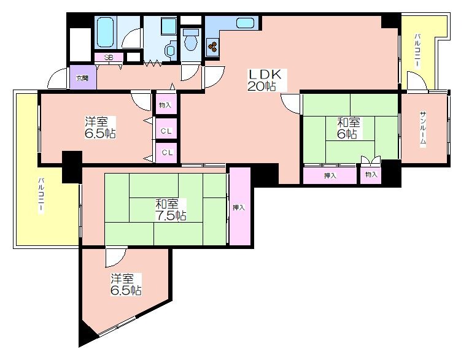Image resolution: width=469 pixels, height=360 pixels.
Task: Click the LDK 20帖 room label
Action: (x=265, y=80)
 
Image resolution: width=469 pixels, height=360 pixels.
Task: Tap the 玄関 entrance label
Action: (x=82, y=79)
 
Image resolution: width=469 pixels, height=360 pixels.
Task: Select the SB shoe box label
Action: (x=109, y=58)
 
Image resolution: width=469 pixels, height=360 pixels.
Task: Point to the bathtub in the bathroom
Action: (x=106, y=32)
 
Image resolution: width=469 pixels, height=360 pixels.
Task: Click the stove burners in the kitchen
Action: (x=213, y=46)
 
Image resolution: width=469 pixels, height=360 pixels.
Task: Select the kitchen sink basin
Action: (x=245, y=23)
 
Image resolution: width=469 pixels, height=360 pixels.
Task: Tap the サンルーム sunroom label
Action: (x=423, y=128)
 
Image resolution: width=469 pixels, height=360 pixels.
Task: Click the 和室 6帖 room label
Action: (x=349, y=128)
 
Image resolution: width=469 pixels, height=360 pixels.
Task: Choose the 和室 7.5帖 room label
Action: (x=171, y=210)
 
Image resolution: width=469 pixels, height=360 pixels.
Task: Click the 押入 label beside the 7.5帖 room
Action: (x=239, y=207)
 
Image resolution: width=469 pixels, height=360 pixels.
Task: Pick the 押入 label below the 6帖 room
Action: (x=330, y=176)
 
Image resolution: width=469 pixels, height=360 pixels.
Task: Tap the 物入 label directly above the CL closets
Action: (x=165, y=105)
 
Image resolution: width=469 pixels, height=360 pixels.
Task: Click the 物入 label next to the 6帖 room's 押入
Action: (x=371, y=174)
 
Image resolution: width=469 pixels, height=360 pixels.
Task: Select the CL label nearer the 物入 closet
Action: (x=166, y=131)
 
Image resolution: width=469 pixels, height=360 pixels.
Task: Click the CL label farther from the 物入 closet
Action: (x=167, y=153)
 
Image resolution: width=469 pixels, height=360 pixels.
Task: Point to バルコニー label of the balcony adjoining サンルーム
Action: (x=417, y=51)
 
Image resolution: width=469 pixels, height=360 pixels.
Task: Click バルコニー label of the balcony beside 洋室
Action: (x=41, y=196)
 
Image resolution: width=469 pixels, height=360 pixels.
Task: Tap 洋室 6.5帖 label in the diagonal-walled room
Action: (x=126, y=285)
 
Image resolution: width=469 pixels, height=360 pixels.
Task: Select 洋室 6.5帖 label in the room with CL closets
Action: (x=100, y=128)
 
